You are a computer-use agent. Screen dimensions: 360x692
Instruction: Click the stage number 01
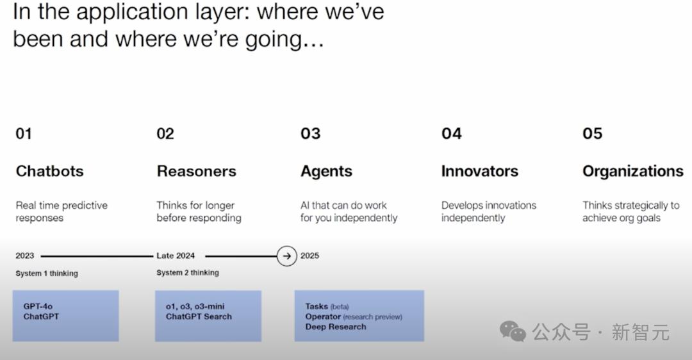[x=24, y=133]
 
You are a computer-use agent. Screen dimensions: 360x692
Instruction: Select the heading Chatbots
[x=49, y=171]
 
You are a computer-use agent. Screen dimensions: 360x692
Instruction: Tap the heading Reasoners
[x=196, y=171]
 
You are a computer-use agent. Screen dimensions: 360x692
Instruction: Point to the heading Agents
[x=326, y=171]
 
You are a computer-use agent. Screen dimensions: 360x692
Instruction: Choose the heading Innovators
[x=479, y=171]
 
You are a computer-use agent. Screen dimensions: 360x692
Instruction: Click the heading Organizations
[x=632, y=171]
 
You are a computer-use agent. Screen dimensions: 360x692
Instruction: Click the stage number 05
[x=592, y=133]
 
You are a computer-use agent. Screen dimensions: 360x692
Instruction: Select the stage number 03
[x=310, y=133]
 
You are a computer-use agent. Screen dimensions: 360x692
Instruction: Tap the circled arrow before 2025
[x=286, y=256]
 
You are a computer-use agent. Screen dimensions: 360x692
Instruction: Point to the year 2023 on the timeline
[x=25, y=256]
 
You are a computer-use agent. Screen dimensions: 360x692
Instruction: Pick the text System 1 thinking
[x=47, y=274]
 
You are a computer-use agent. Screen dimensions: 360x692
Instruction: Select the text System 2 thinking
[x=188, y=273]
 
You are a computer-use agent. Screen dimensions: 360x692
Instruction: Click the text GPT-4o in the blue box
[x=38, y=306]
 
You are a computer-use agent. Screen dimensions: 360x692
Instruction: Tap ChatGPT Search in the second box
[x=199, y=316]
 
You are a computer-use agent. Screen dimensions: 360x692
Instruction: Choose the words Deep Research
[x=336, y=327]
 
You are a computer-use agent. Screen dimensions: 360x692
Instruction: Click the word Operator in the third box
[x=323, y=316]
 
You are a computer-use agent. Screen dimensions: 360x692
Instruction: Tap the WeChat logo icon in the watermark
[x=513, y=331]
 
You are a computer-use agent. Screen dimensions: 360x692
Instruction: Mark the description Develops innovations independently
[x=488, y=211]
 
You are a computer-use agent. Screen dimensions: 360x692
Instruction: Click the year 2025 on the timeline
[x=309, y=256]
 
